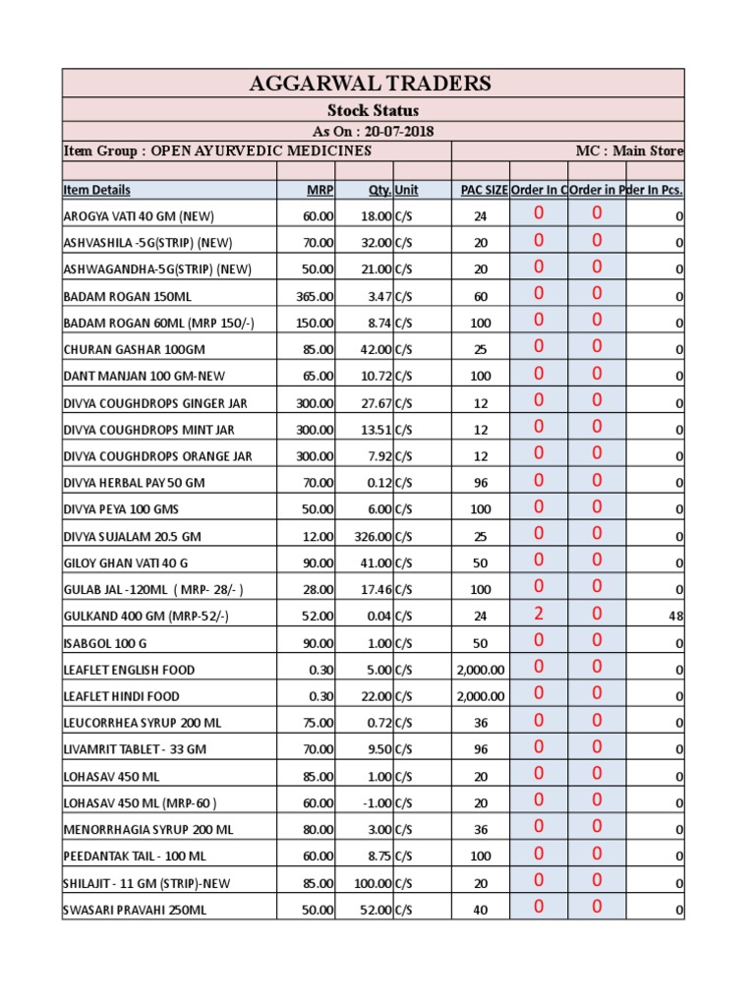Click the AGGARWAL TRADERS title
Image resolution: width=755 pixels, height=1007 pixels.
[373, 83]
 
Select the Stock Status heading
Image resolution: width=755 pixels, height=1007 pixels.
[373, 110]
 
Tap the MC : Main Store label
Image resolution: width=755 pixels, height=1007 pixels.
[629, 150]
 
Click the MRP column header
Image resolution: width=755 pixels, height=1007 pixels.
[320, 190]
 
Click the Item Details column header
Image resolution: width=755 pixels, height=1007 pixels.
[96, 190]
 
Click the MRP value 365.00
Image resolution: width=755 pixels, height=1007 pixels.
[316, 296]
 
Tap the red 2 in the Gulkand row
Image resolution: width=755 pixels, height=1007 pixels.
[539, 614]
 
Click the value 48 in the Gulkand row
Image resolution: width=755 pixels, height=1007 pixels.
[675, 617]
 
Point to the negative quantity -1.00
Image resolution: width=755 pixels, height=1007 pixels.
[376, 803]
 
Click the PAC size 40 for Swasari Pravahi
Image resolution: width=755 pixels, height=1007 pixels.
[480, 911]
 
